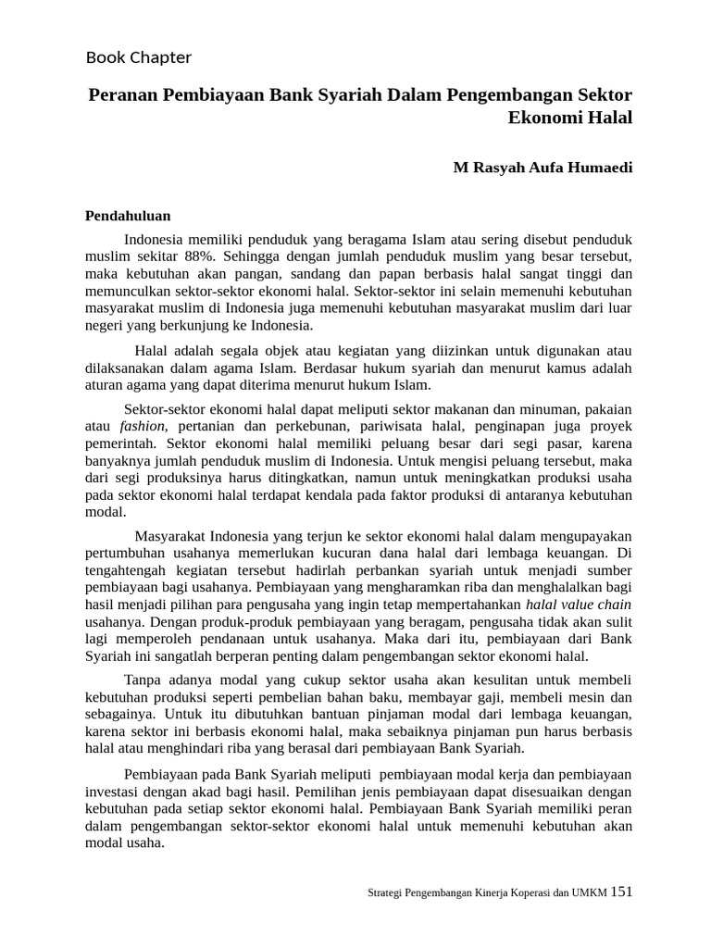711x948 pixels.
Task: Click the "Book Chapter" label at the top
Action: (139, 57)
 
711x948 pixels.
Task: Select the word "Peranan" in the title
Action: (124, 94)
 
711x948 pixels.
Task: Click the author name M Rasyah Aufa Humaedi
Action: (543, 168)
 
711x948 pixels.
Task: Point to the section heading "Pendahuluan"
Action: (128, 215)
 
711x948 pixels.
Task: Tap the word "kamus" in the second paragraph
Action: (555, 368)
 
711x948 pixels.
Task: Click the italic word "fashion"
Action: (143, 426)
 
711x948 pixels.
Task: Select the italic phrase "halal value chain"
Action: (579, 605)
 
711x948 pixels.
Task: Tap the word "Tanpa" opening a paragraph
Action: (142, 680)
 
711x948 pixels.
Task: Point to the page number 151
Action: (622, 892)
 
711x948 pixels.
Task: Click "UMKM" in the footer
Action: (589, 893)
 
